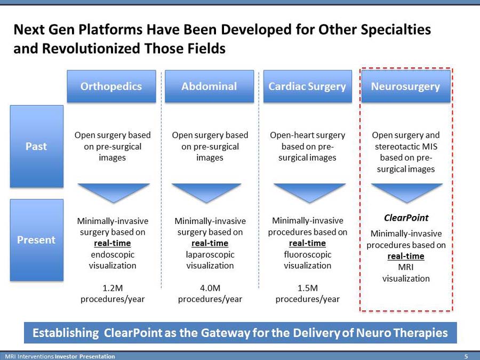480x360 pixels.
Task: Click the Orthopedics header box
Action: tap(111, 86)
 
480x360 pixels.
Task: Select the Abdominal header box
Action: tap(209, 86)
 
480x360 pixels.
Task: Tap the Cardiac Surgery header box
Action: tap(307, 86)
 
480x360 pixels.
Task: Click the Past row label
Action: tap(36, 146)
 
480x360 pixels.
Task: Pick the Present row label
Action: tap(36, 240)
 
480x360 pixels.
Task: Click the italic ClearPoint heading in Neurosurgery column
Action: tap(406, 218)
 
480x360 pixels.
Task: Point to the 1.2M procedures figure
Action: tap(113, 288)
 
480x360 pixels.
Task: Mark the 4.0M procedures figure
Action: tap(210, 288)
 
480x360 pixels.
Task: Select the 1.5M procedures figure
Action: tap(307, 288)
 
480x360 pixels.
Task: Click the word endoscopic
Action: tap(113, 254)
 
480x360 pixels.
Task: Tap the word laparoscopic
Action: tap(210, 254)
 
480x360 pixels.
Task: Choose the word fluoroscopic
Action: tap(307, 254)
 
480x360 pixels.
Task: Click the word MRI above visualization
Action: tap(406, 267)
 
